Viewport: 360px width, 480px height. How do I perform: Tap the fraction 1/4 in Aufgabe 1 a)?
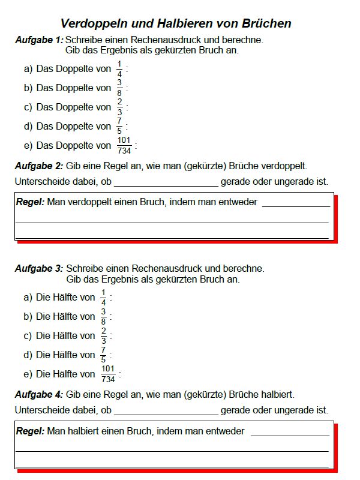click(x=119, y=69)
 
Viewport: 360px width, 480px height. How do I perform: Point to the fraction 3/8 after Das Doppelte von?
click(x=119, y=88)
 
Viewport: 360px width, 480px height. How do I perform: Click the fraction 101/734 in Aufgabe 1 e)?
click(x=124, y=146)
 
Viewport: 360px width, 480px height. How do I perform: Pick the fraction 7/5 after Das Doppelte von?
click(x=119, y=127)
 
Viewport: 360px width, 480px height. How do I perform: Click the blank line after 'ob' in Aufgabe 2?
click(x=166, y=182)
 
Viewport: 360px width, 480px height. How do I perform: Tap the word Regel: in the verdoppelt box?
click(x=30, y=202)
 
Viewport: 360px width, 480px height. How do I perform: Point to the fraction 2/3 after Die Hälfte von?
click(x=103, y=336)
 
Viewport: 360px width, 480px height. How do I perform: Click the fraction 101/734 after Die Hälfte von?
click(x=108, y=374)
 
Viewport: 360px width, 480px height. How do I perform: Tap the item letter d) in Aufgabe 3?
click(x=28, y=355)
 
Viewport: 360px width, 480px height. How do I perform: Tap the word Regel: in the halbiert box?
click(x=30, y=431)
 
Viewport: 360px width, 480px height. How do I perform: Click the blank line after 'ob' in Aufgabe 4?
click(x=166, y=411)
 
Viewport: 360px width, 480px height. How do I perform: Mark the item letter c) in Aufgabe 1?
click(x=28, y=107)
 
